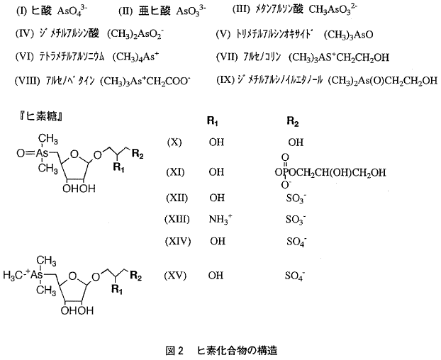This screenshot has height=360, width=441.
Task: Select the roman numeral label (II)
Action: tap(125, 11)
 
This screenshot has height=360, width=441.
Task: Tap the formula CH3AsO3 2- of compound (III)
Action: tap(333, 9)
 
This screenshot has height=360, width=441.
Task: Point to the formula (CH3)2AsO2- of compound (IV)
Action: tap(135, 35)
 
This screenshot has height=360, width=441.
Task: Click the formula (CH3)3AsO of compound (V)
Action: tap(348, 35)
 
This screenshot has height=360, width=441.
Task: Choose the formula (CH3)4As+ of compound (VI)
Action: tap(135, 57)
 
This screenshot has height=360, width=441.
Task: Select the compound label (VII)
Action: tap(227, 57)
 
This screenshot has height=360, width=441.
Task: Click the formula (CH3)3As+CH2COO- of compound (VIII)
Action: tap(145, 81)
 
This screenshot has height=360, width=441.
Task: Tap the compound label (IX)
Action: tap(225, 80)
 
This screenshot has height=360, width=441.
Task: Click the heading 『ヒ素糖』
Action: tap(41, 116)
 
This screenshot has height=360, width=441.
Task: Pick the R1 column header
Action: tap(213, 121)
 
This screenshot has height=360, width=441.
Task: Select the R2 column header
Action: tap(293, 121)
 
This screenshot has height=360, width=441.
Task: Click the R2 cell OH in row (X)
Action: tap(296, 142)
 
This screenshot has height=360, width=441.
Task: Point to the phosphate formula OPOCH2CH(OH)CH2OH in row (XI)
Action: tap(330, 172)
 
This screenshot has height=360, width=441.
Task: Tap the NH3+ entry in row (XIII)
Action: tap(220, 219)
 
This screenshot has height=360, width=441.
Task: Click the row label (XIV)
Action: tap(178, 241)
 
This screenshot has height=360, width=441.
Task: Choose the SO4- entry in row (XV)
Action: tap(296, 276)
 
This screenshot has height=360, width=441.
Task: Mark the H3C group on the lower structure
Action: tap(13, 275)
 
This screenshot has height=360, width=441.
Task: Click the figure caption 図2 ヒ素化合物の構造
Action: tap(221, 351)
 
